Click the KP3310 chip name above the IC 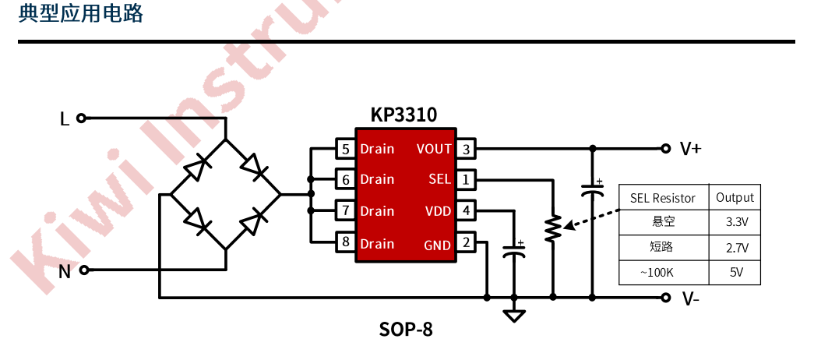pyautogui.click(x=403, y=115)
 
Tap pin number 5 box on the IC pyautogui.click(x=345, y=149)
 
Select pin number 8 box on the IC pyautogui.click(x=345, y=242)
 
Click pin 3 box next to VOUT pyautogui.click(x=466, y=149)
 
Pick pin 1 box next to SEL pyautogui.click(x=466, y=180)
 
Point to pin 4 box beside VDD pyautogui.click(x=466, y=210)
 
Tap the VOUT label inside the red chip pyautogui.click(x=434, y=149)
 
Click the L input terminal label pyautogui.click(x=65, y=119)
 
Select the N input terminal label pyautogui.click(x=65, y=271)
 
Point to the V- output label pyautogui.click(x=690, y=298)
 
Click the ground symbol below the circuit pyautogui.click(x=514, y=316)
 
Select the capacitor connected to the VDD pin pyautogui.click(x=514, y=251)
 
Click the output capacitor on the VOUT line pyautogui.click(x=592, y=189)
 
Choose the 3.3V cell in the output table pyautogui.click(x=736, y=222)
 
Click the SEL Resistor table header pyautogui.click(x=662, y=198)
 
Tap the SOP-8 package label pyautogui.click(x=406, y=330)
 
